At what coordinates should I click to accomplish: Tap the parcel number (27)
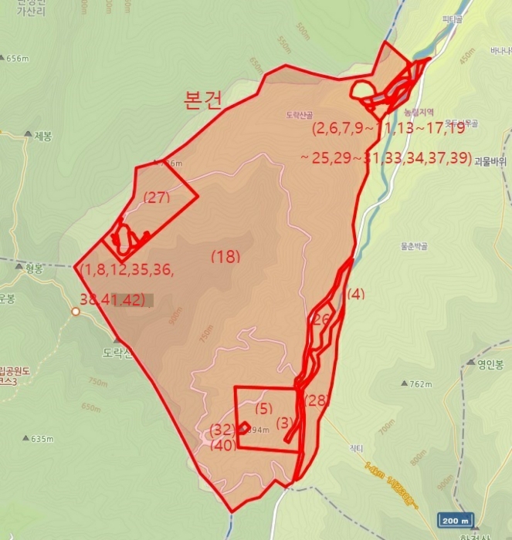pyautogui.click(x=157, y=197)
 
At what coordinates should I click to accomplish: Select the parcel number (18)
pyautogui.click(x=225, y=256)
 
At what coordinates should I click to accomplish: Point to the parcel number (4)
pyautogui.click(x=355, y=293)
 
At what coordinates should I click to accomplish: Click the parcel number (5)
pyautogui.click(x=264, y=408)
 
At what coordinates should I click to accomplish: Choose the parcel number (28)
pyautogui.click(x=317, y=400)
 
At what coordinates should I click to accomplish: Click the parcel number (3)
pyautogui.click(x=285, y=422)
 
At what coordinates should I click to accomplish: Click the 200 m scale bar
pyautogui.click(x=454, y=519)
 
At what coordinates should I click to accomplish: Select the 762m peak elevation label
pyautogui.click(x=419, y=384)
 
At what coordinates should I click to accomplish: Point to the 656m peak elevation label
pyautogui.click(x=16, y=59)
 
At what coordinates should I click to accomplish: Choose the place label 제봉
pyautogui.click(x=42, y=137)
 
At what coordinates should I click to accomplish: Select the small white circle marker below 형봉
pyautogui.click(x=75, y=312)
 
